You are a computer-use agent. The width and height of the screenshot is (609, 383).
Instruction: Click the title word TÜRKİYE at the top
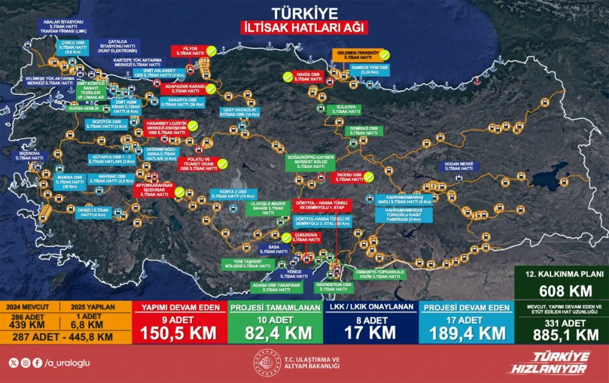pyautogui.click(x=304, y=13)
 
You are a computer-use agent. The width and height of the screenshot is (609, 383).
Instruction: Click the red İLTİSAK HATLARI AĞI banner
pyautogui.click(x=304, y=27)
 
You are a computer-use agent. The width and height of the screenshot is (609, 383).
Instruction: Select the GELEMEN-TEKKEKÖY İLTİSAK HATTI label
pyautogui.click(x=360, y=55)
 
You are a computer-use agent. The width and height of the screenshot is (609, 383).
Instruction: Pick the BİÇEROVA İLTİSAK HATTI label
pyautogui.click(x=30, y=156)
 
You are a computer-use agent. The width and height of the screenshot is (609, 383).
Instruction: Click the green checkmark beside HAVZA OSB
pyautogui.click(x=287, y=76)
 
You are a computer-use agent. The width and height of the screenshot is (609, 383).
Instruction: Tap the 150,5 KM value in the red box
pyautogui.click(x=181, y=332)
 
